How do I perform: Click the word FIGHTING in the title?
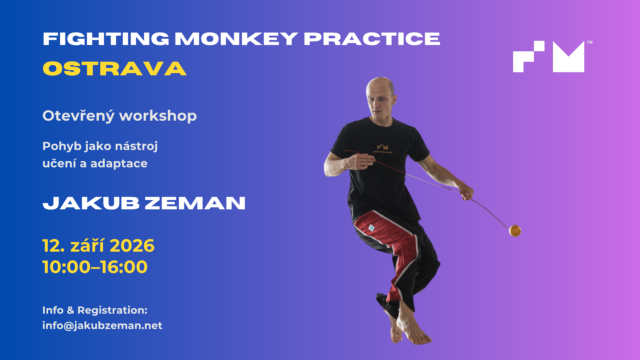tap(106, 39)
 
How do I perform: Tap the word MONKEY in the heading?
tap(236, 39)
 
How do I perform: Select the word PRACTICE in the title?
tap(372, 39)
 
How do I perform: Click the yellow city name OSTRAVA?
tap(115, 69)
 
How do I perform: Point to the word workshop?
tap(158, 116)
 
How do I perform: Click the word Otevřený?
tap(79, 116)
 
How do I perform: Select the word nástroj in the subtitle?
tap(136, 146)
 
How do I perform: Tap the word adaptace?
tap(119, 164)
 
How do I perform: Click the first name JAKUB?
tap(91, 203)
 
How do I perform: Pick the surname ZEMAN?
tap(195, 203)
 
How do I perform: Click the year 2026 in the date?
tap(132, 246)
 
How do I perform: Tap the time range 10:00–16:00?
tap(95, 267)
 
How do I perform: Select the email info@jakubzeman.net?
tap(102, 326)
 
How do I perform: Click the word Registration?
tap(112, 310)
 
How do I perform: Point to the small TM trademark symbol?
tap(590, 42)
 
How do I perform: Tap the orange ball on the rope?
tap(515, 230)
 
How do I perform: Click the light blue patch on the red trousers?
tap(371, 228)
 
